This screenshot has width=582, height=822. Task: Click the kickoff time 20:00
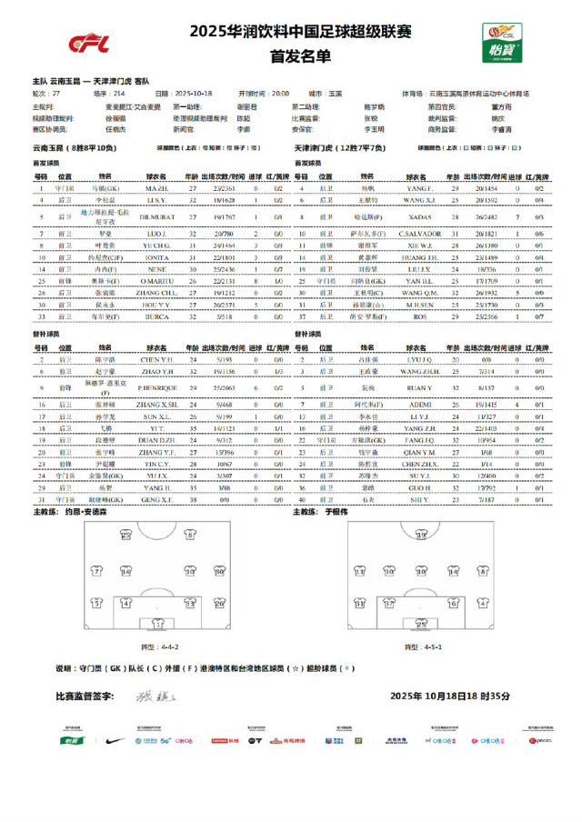278,94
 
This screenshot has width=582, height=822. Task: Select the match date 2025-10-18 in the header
193,94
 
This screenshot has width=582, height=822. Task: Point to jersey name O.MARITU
156,282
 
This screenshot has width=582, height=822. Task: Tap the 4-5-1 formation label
417,647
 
